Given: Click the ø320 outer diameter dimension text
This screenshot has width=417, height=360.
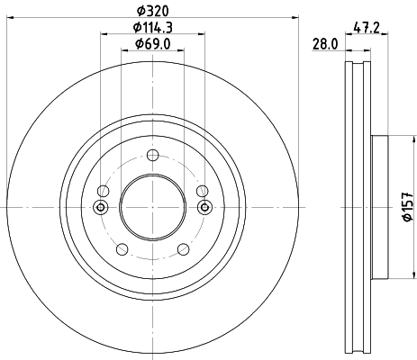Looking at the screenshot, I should [153, 12].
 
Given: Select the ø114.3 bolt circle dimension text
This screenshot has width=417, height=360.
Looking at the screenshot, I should [153, 28].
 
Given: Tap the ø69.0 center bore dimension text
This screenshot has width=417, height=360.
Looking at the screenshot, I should [153, 44].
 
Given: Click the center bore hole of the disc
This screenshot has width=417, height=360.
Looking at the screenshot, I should [153, 207].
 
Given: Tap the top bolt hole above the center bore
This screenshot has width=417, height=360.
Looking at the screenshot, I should [153, 155].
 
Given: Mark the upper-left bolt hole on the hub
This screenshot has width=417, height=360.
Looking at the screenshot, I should [104, 191].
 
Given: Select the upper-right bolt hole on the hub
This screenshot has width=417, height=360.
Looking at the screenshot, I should [203, 191].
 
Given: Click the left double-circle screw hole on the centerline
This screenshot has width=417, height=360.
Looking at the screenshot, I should [100, 208].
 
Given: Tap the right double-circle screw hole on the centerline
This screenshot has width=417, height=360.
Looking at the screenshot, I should [205, 208].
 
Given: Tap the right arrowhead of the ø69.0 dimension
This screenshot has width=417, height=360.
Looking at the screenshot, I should [183, 52].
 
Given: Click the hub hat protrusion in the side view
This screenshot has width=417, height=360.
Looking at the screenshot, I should [378, 207].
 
